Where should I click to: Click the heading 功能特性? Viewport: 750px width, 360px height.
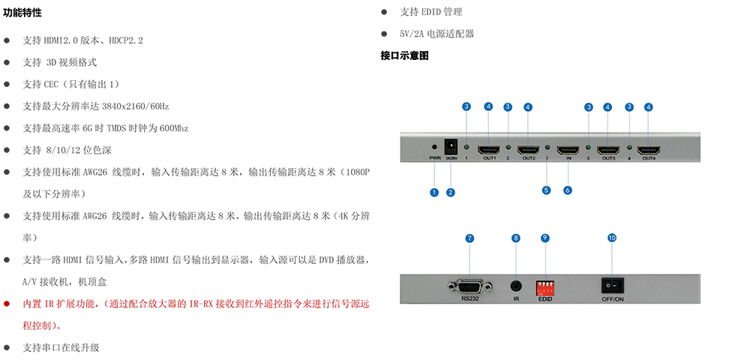click(x=22, y=13)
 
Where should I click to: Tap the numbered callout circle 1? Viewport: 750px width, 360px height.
click(x=434, y=192)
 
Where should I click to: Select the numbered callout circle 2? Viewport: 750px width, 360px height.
click(x=451, y=192)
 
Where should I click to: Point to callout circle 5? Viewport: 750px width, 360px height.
click(x=547, y=190)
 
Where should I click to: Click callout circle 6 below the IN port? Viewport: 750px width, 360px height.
click(x=568, y=190)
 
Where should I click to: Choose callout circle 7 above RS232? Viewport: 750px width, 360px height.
click(x=469, y=238)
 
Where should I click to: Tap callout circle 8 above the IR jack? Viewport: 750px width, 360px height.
click(x=516, y=238)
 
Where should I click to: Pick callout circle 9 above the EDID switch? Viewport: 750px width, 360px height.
click(x=545, y=238)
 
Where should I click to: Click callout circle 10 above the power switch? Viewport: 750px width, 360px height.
click(x=612, y=238)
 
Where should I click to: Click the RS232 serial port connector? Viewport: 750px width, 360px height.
click(x=469, y=286)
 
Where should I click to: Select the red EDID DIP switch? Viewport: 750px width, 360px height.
click(x=545, y=288)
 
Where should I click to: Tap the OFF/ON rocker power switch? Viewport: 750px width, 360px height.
click(x=612, y=286)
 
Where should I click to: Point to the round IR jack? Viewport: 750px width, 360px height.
click(x=516, y=286)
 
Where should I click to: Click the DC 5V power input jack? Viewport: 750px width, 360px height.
click(x=450, y=145)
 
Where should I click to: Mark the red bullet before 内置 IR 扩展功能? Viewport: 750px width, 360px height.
click(x=7, y=304)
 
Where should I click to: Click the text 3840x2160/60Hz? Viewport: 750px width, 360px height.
click(x=135, y=106)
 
